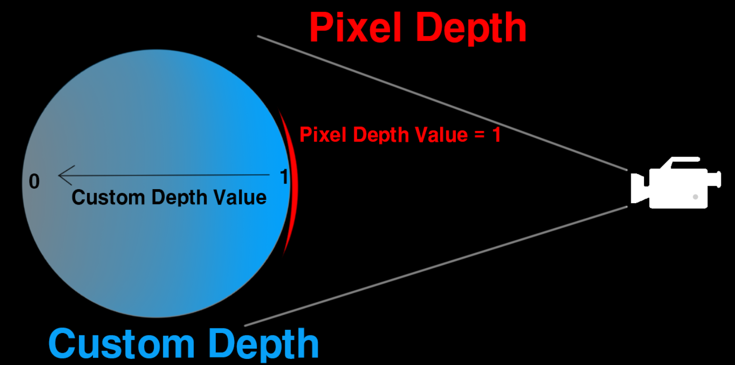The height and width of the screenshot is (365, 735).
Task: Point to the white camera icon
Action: pos(675,183)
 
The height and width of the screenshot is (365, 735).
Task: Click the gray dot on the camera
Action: pos(696,197)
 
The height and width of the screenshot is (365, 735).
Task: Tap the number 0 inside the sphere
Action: pos(34,182)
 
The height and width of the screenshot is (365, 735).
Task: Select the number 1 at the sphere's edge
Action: pos(283,177)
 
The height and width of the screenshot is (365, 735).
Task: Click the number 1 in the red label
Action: pos(496,135)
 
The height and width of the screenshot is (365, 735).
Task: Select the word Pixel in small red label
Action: pos(323,135)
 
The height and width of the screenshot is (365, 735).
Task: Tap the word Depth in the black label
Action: pos(183,198)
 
